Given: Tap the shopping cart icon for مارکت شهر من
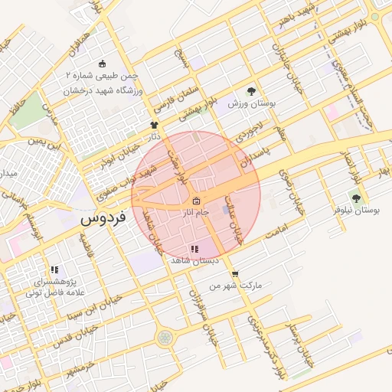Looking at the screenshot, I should [234, 273].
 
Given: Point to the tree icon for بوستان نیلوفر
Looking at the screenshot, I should [354, 198].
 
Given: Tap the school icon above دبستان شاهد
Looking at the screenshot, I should [194, 249].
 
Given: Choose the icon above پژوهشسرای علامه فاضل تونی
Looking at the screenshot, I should [54, 269].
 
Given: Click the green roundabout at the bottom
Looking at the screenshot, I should [165, 337].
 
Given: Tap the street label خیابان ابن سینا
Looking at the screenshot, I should [87, 309].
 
